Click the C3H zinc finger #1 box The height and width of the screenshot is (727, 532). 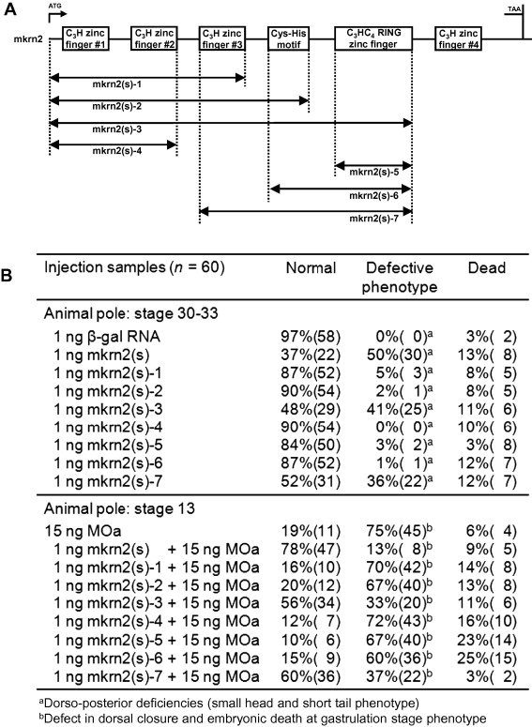coord(85,38)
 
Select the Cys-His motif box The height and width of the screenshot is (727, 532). coord(288,38)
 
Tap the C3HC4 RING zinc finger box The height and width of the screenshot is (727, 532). coord(373,38)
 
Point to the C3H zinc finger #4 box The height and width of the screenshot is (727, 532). coord(458,38)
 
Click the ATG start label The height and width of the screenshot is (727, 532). coord(54,6)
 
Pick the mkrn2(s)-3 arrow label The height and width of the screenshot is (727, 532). coord(117,129)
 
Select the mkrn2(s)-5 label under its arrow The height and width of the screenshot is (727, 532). coord(373,173)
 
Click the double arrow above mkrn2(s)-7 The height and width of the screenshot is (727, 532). coord(306,211)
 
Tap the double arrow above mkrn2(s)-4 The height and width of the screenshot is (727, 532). coord(114,145)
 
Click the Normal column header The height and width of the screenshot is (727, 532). coord(311,268)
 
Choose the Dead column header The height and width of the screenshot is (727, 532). coord(487,268)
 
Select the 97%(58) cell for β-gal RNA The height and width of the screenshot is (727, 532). coord(311,337)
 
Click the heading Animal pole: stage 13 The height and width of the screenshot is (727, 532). coord(119,509)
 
